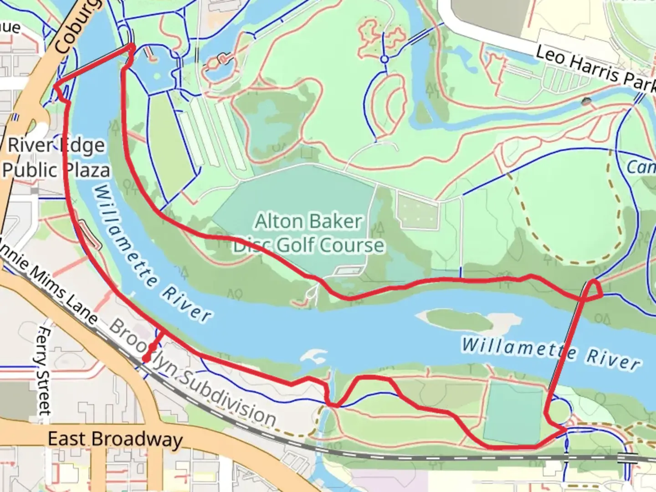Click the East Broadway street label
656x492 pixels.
point(115,439)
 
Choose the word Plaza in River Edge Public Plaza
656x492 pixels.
point(87,170)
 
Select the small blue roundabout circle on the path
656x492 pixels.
point(384,59)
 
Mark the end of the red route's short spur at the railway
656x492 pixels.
point(145,360)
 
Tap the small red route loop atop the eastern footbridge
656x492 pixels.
point(594,290)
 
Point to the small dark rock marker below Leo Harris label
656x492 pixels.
point(586,102)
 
